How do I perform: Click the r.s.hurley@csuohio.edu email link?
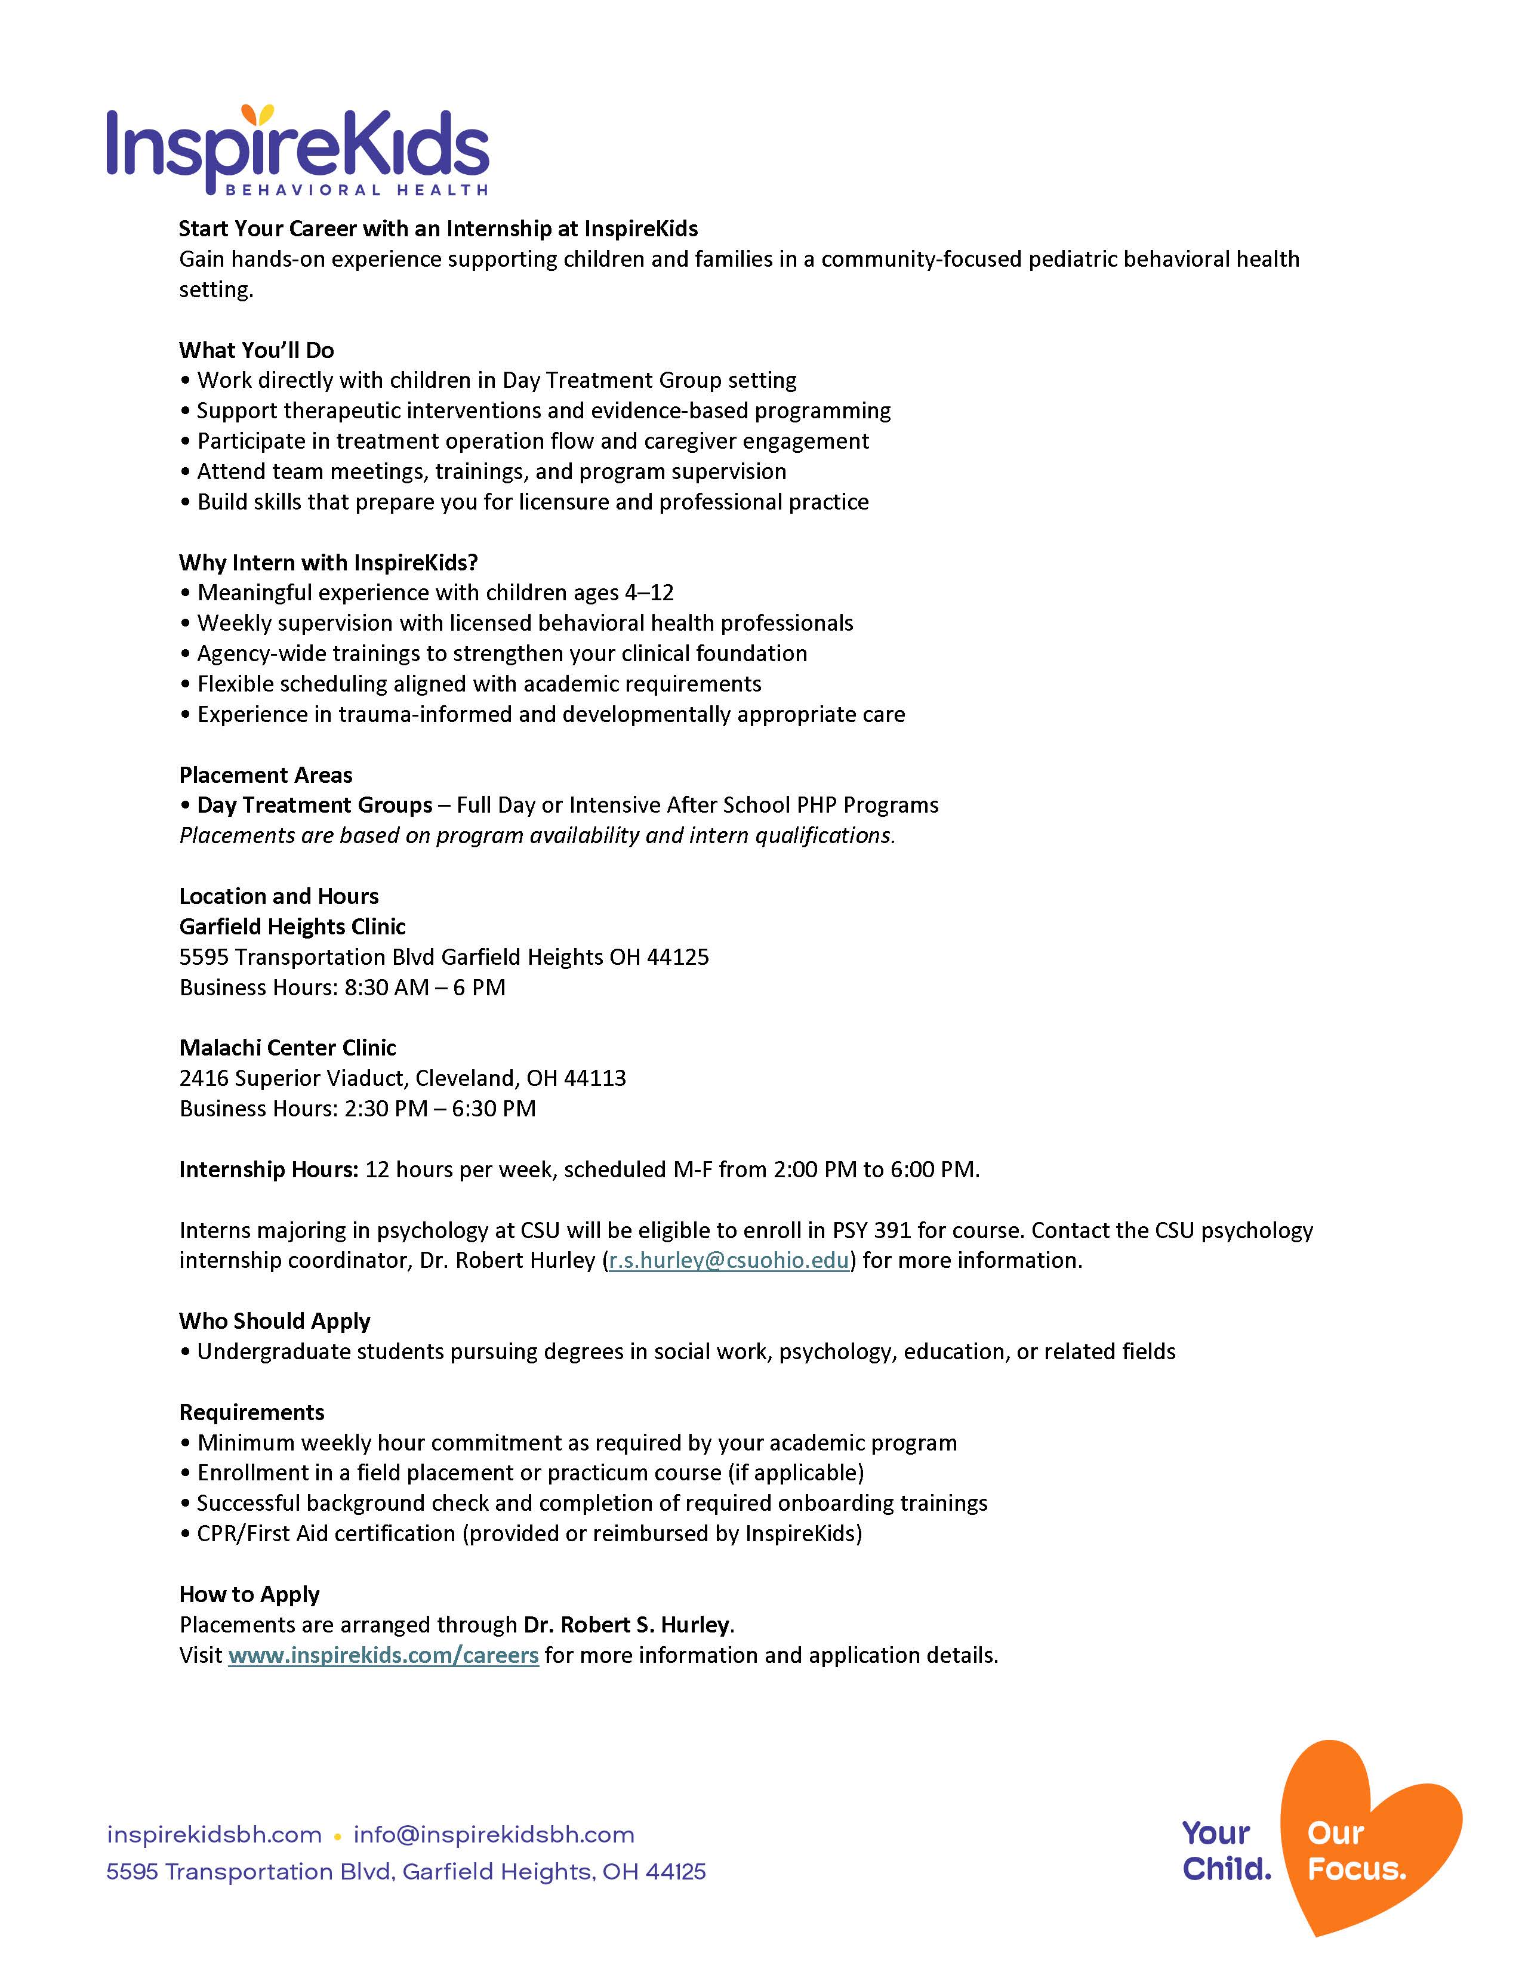(729, 1260)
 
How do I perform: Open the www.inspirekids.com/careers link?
(383, 1655)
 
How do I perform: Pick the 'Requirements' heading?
(251, 1412)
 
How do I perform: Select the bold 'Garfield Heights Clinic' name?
(292, 926)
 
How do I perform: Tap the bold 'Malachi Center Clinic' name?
(288, 1048)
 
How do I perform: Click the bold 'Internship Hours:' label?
(269, 1169)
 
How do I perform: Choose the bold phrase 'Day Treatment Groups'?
(315, 805)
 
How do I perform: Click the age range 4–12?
(649, 592)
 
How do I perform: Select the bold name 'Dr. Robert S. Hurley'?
(627, 1625)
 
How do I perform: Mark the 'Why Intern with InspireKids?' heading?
(328, 563)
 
